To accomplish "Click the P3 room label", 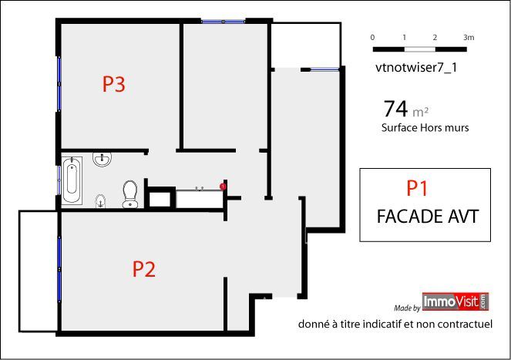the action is (x=114, y=84).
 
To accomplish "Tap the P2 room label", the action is (x=143, y=269).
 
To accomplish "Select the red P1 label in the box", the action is (x=417, y=188).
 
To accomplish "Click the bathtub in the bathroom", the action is (x=72, y=180).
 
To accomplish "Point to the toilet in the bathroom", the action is (x=130, y=193).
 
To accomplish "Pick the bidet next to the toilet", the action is (x=101, y=201).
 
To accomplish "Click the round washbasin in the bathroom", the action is (x=103, y=159).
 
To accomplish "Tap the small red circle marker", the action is (x=223, y=187).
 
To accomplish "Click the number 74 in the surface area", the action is (x=395, y=109).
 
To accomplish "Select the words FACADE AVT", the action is (x=428, y=216).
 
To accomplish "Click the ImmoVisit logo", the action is (x=456, y=301).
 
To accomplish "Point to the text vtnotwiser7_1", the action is (x=416, y=68).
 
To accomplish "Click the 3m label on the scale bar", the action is (x=469, y=38).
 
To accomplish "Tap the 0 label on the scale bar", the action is (x=372, y=38).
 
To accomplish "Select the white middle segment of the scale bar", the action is (x=420, y=49).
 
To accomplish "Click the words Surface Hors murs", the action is (x=425, y=127).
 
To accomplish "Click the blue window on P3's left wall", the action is (x=59, y=84).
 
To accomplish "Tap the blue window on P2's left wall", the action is (x=59, y=269).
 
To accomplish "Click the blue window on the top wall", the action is (x=224, y=22).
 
